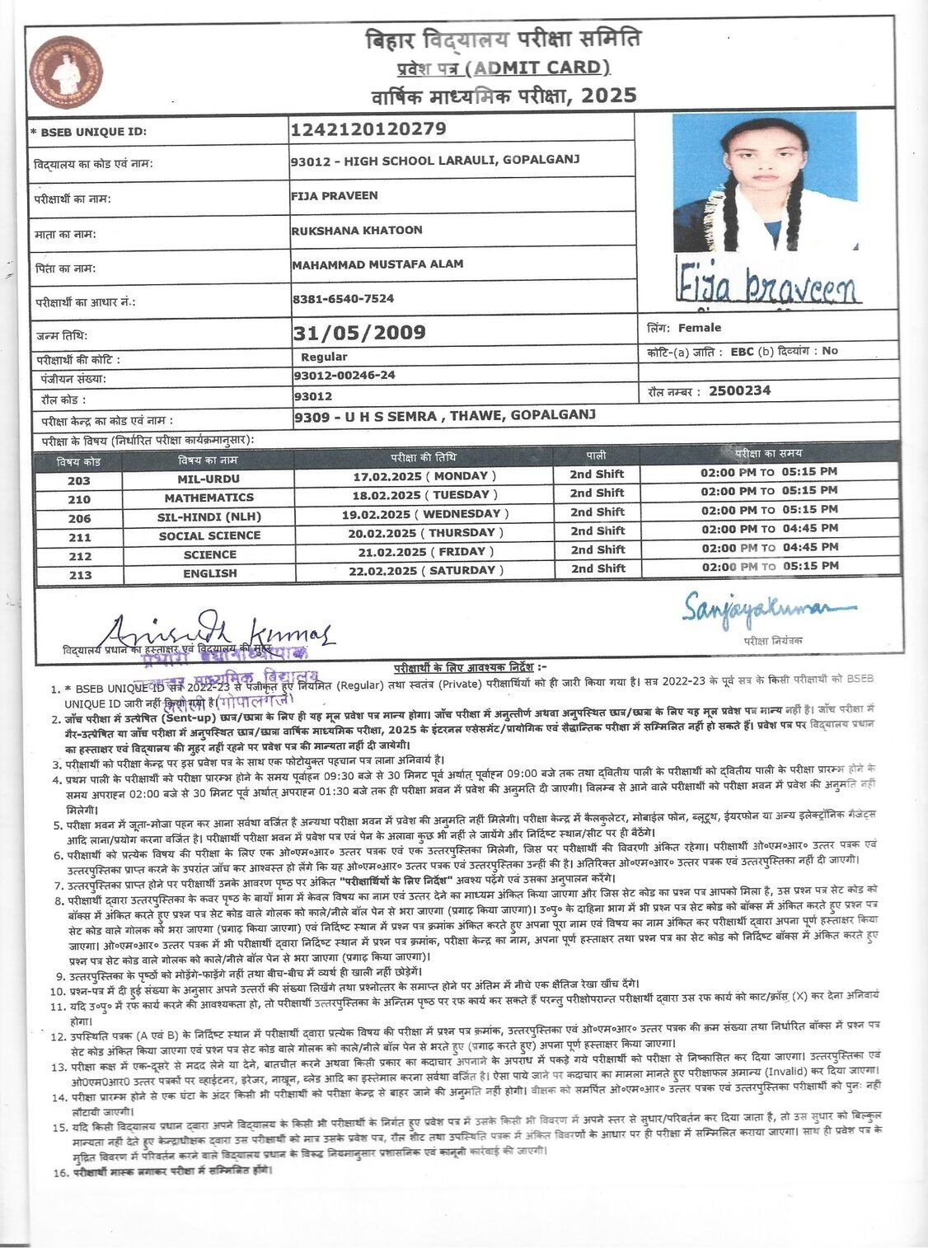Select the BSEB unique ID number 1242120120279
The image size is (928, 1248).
pyautogui.click(x=368, y=129)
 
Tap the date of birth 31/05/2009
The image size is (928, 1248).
pyautogui.click(x=359, y=333)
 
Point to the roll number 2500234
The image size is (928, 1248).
pyautogui.click(x=739, y=391)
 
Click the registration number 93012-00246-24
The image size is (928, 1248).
pyautogui.click(x=344, y=376)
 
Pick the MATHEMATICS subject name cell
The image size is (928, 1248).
pyautogui.click(x=209, y=498)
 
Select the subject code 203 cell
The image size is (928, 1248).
pyautogui.click(x=79, y=480)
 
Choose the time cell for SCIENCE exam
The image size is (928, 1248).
pyautogui.click(x=769, y=548)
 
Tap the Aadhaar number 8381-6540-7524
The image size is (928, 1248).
pyautogui.click(x=343, y=299)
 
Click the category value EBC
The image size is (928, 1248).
pyautogui.click(x=743, y=351)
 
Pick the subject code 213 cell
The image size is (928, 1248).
pyautogui.click(x=80, y=575)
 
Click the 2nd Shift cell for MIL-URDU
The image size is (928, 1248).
pyautogui.click(x=597, y=474)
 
